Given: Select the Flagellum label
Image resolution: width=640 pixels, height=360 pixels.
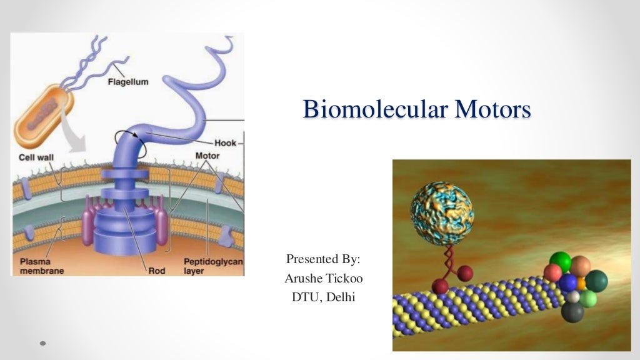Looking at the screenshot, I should (x=127, y=82).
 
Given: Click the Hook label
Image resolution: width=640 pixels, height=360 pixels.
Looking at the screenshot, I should (x=225, y=143).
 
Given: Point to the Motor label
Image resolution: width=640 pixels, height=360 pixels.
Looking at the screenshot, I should (x=207, y=155).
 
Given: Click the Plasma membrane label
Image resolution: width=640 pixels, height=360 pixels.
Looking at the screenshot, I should (x=35, y=266).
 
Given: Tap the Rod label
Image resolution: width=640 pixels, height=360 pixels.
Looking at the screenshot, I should (x=156, y=271).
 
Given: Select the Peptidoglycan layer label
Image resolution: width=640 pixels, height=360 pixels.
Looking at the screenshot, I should (x=212, y=266).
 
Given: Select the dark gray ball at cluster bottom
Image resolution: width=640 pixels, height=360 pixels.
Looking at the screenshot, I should (x=572, y=311).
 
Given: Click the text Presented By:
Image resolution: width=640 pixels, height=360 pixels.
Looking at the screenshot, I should (x=323, y=259).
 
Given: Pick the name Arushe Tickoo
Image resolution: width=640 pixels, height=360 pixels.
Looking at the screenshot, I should (x=323, y=278).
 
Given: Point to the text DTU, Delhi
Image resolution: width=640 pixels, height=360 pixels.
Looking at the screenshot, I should (x=323, y=297).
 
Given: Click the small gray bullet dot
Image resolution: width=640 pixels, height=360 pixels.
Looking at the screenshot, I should (x=43, y=343).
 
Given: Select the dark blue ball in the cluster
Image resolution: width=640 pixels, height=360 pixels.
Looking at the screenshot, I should (x=567, y=282).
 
